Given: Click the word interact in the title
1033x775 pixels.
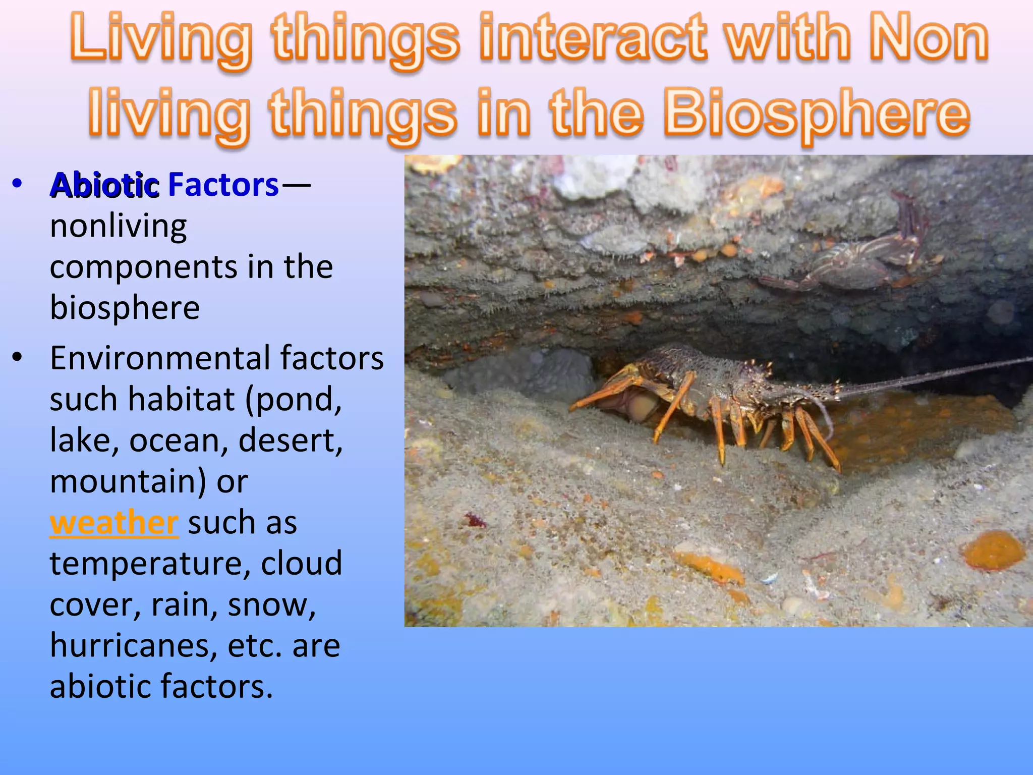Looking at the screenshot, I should click(593, 38).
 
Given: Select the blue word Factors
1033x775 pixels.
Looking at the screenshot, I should click(223, 185).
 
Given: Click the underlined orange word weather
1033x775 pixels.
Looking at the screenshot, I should click(114, 523).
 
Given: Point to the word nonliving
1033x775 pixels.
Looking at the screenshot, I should click(119, 226).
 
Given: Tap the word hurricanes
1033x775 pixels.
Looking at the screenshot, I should click(134, 646).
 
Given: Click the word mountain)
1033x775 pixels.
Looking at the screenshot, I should click(128, 481).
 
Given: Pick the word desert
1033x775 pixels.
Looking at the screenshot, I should click(290, 440).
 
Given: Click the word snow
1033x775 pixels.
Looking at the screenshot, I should click(271, 605).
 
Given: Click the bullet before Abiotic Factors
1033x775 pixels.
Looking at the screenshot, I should click(17, 184).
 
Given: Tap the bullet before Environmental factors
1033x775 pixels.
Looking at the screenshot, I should click(17, 357).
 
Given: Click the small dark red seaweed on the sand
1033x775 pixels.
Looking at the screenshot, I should click(474, 520).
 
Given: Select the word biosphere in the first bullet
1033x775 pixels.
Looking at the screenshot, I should click(125, 308).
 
